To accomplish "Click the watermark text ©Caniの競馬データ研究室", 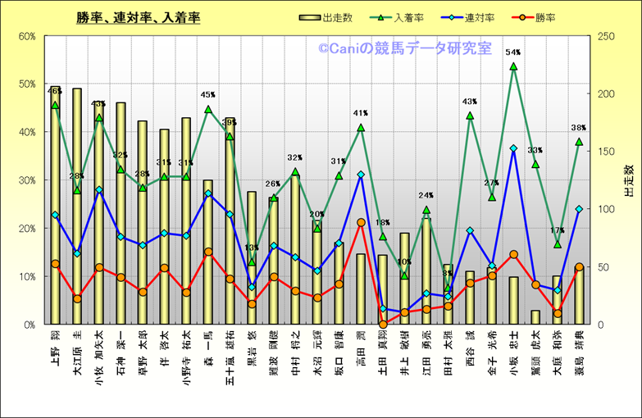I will point(405,49).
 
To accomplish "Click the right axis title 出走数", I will point(628,180).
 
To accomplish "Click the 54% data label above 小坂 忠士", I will point(513,52).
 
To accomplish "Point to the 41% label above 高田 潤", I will point(361,113).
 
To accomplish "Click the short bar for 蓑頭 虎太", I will point(535,317).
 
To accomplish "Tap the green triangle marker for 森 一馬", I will point(208,109).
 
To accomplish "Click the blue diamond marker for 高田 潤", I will point(361,175).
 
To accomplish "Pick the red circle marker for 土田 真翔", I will point(383,325).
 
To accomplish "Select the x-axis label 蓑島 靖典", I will point(579,357).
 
